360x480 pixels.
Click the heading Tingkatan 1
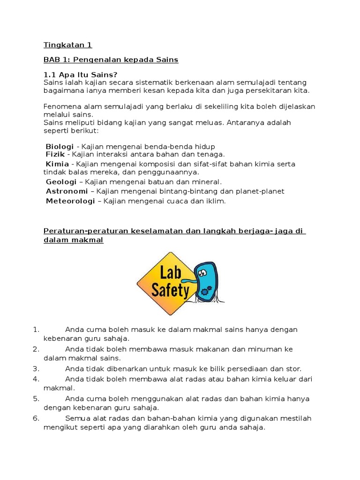click(67, 45)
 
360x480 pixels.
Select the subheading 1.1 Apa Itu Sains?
click(81, 75)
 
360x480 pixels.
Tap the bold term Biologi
click(60, 147)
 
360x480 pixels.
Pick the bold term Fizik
click(55, 154)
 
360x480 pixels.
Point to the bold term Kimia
click(57, 164)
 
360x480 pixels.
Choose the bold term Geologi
click(61, 181)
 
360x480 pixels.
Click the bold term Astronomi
click(67, 191)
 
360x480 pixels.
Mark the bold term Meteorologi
click(70, 201)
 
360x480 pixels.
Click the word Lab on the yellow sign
click(171, 272)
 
